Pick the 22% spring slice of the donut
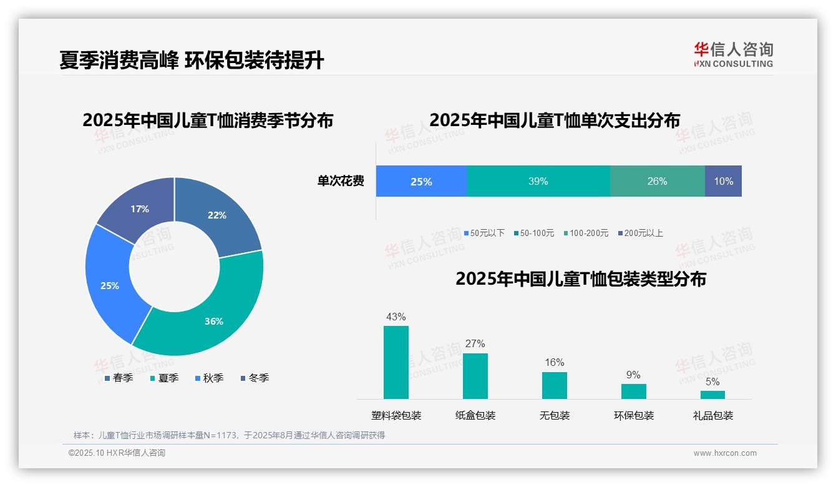point(215,216)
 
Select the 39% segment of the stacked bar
point(538,181)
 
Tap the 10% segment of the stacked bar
point(723,181)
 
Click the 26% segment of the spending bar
point(657,181)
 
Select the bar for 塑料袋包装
point(396,362)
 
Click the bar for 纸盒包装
point(475,376)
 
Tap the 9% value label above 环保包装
point(633,375)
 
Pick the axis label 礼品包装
point(713,415)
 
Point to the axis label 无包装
point(555,415)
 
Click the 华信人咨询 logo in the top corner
point(733,54)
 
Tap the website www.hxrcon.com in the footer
point(725,453)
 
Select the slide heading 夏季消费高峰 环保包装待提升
point(192,61)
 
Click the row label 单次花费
point(341,181)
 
